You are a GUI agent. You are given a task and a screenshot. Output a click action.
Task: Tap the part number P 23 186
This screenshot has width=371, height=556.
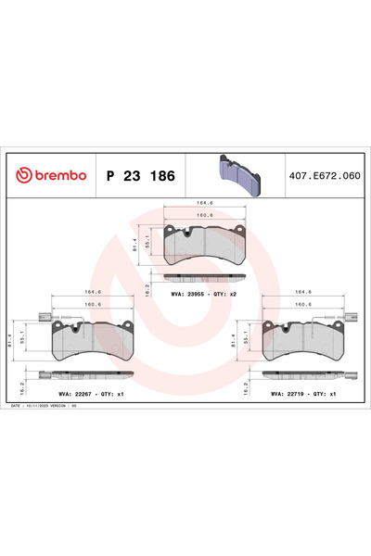(139, 175)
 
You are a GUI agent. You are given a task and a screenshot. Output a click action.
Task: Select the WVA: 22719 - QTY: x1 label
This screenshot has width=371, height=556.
(301, 394)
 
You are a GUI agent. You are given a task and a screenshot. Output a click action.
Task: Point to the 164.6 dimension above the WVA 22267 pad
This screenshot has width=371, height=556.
(93, 293)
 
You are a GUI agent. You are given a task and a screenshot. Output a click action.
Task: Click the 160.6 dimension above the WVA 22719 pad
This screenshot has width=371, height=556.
(301, 303)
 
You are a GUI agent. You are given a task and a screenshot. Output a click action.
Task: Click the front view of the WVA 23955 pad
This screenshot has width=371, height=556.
(203, 246)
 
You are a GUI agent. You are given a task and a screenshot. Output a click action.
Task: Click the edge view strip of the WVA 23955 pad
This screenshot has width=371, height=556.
(203, 277)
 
